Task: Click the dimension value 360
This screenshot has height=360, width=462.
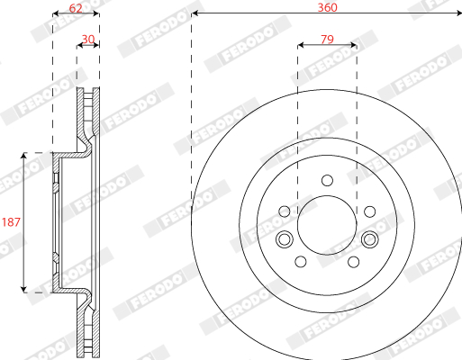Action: pyautogui.click(x=327, y=7)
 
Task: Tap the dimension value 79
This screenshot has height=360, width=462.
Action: pyautogui.click(x=327, y=40)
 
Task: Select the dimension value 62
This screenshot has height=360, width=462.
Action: pyautogui.click(x=76, y=8)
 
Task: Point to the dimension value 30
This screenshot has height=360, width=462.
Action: pyautogui.click(x=88, y=40)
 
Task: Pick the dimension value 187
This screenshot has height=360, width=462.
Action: pyautogui.click(x=11, y=222)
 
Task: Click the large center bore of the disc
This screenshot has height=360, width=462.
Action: pyautogui.click(x=327, y=225)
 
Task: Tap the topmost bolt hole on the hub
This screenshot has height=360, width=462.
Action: pyautogui.click(x=327, y=181)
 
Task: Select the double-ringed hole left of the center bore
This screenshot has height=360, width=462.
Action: pyautogui.click(x=285, y=239)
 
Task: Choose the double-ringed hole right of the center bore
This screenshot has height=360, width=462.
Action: pyautogui.click(x=370, y=239)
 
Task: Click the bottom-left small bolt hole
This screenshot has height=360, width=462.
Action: pyautogui.click(x=301, y=262)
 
